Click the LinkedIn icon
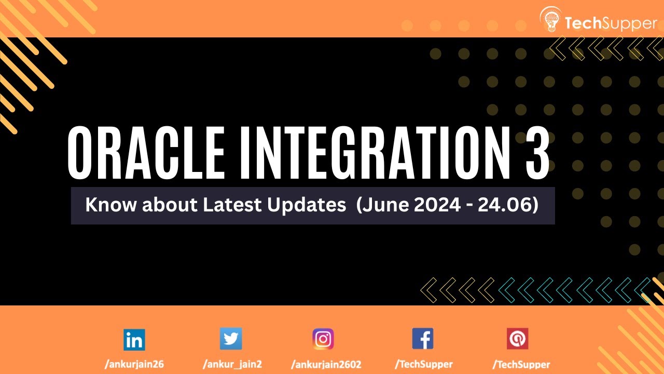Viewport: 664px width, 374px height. [x=134, y=340]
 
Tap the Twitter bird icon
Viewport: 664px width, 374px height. [x=231, y=339]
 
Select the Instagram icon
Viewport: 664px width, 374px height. [x=323, y=339]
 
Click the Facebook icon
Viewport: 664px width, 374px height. [x=423, y=339]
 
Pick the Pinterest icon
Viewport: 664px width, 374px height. [x=517, y=339]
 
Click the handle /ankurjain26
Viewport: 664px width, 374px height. [x=134, y=364]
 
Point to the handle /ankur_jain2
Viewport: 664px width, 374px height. [x=231, y=364]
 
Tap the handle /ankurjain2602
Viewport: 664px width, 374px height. [x=326, y=364]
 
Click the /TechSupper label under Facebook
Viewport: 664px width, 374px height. [x=423, y=364]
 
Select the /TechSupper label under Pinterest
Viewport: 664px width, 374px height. [x=521, y=364]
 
